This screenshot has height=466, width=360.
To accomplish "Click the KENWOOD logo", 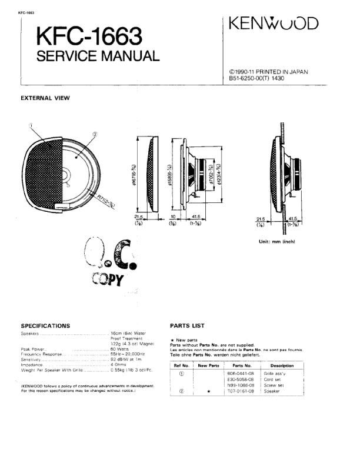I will point(275,24).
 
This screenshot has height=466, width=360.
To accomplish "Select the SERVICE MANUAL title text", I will point(98,57).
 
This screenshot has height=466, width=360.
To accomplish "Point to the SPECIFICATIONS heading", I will point(45,325).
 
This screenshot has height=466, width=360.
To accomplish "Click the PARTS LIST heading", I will point(187,325).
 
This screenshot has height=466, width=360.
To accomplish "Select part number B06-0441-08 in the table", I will point(239,373).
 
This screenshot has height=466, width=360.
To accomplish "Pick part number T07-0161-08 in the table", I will point(239,391).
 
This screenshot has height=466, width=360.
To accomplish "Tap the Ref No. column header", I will point(182,365).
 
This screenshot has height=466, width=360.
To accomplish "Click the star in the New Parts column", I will point(208,391).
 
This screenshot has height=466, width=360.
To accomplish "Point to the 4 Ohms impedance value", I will point(119,365).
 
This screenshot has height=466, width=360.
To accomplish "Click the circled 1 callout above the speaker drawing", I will point(30,125).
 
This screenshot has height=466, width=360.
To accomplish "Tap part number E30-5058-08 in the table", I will point(239,379).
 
